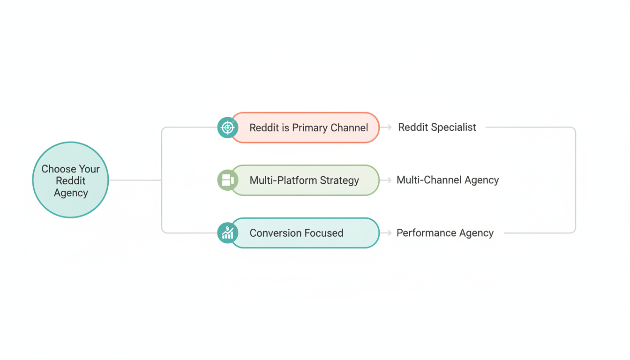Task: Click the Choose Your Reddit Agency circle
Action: coord(70,180)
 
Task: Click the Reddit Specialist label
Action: coord(437,127)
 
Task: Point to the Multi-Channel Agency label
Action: coord(448,180)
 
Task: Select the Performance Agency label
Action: coord(445,233)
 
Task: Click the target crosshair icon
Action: coord(228,127)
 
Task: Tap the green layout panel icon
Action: coord(228,180)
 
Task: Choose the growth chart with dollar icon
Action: coord(228,233)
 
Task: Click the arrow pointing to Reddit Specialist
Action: coord(386,127)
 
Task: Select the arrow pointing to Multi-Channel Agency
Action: coord(386,180)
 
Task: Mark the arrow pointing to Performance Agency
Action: coord(386,233)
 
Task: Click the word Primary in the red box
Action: coord(310,128)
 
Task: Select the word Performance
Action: coord(427,233)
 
